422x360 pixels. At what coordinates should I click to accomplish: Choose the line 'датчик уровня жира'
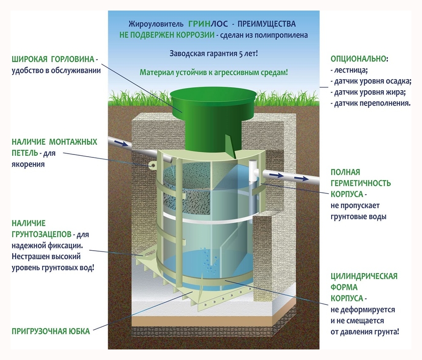pos(369,92)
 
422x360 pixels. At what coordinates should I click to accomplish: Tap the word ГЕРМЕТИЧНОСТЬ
pos(360,184)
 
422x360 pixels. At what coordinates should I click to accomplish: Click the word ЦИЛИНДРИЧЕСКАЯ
pos(364,276)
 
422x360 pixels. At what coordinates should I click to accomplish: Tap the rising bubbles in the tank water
pos(209,260)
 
